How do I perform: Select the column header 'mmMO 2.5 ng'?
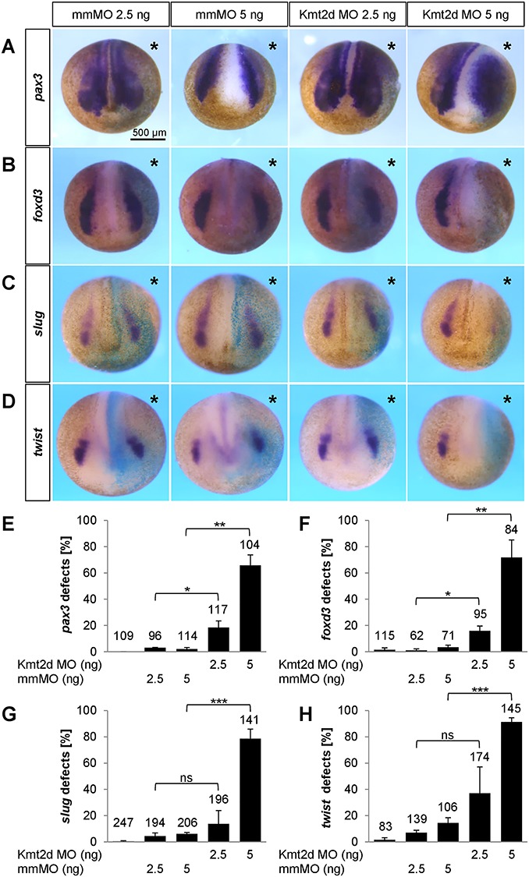point(110,15)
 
